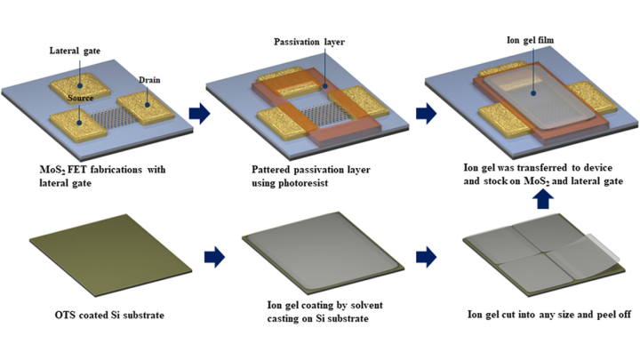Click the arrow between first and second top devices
[197, 113]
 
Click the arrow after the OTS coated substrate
[214, 257]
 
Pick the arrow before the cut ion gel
[426, 257]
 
